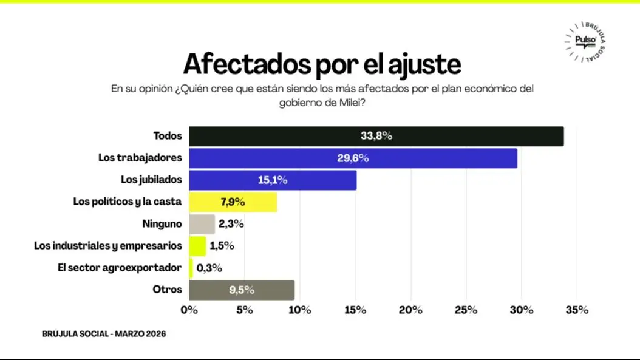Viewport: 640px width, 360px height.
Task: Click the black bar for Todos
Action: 376,136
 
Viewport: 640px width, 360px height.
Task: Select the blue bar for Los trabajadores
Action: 353,158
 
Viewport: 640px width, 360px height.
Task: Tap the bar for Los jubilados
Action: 273,180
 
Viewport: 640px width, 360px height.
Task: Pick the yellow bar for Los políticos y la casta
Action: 233,202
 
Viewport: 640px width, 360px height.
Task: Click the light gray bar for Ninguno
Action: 202,224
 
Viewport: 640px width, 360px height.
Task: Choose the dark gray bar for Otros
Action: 242,290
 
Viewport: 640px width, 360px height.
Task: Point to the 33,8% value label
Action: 376,136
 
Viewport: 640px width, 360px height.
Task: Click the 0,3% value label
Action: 209,268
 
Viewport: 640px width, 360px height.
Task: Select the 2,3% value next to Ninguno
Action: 231,224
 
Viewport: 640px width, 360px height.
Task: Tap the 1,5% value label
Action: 221,246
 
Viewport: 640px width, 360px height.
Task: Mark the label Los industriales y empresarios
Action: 108,246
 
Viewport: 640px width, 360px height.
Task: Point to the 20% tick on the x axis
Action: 410,310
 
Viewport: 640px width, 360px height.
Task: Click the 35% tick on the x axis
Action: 576,310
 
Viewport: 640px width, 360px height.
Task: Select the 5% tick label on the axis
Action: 245,310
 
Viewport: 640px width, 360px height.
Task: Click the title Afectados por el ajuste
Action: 322,63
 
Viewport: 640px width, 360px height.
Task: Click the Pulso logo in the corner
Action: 585,41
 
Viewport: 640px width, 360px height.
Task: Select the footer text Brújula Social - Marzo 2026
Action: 104,334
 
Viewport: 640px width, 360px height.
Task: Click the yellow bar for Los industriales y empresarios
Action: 198,246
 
